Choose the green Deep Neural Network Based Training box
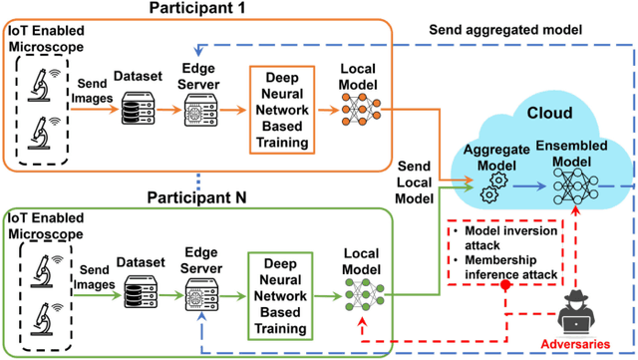(x=283, y=288)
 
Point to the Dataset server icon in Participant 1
(x=137, y=112)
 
